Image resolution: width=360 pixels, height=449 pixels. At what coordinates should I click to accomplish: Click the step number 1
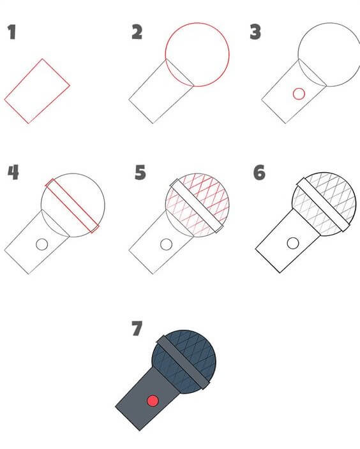[11, 33]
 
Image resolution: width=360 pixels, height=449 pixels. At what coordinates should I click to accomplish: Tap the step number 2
[137, 33]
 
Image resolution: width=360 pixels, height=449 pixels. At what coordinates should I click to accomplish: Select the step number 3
[255, 33]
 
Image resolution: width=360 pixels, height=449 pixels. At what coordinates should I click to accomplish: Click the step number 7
[136, 328]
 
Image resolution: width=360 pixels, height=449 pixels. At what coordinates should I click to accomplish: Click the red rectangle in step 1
[37, 91]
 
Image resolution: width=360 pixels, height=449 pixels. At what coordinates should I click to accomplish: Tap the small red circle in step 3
[298, 94]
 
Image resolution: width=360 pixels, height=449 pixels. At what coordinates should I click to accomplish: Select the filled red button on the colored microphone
[152, 401]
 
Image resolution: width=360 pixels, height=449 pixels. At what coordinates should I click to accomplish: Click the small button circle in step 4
[42, 244]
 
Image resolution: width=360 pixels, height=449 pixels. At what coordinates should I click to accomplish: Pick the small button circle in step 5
[166, 244]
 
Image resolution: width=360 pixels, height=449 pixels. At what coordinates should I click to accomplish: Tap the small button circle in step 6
[293, 243]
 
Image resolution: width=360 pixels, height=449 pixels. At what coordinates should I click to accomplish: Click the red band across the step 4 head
[73, 205]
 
